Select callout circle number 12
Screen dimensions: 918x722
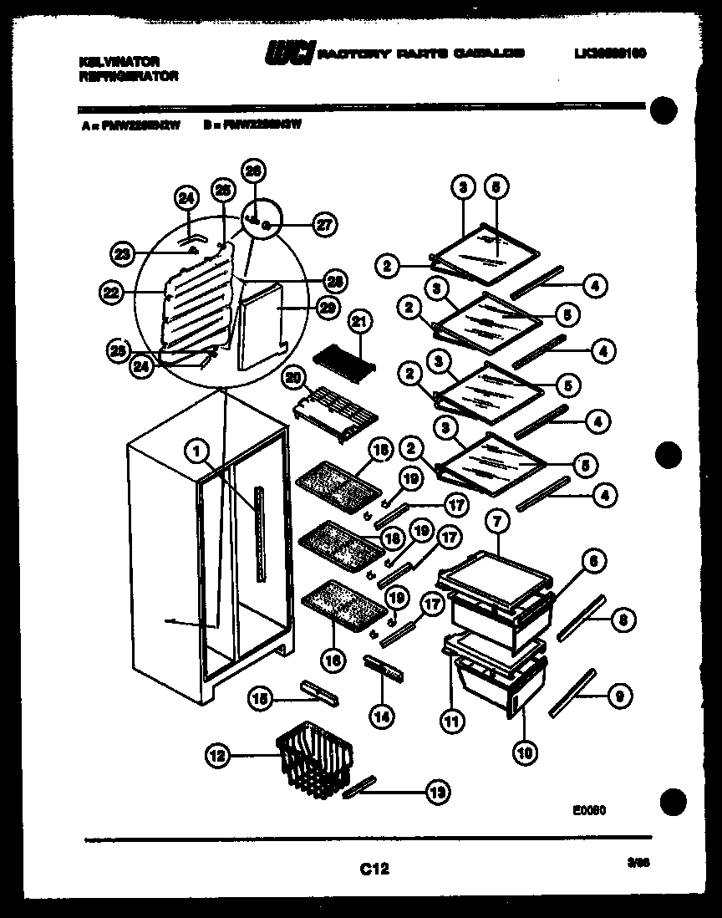pos(216,756)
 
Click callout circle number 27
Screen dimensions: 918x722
pos(323,223)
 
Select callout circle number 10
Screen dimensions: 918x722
pos(523,752)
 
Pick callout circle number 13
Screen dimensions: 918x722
pos(435,792)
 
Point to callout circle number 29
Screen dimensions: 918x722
pos(328,308)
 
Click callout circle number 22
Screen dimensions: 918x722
pos(110,292)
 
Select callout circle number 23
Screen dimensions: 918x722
pos(122,252)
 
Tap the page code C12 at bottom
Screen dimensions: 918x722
pos(375,870)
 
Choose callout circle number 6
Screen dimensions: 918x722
pos(592,563)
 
